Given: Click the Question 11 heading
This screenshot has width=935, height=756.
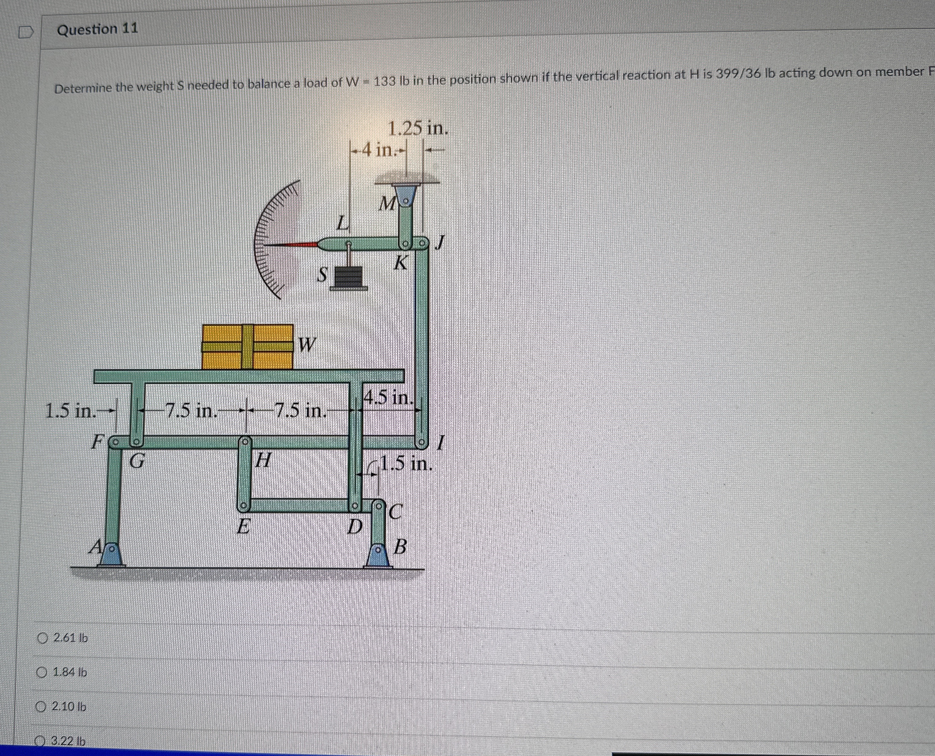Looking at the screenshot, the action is [x=98, y=29].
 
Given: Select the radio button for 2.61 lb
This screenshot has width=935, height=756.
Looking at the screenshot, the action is [x=42, y=638].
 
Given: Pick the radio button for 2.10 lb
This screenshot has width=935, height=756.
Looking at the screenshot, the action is [x=41, y=706].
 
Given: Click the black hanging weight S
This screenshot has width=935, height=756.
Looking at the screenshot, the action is [x=349, y=277].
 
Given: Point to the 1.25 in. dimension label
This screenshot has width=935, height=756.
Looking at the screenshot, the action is [x=418, y=129].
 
